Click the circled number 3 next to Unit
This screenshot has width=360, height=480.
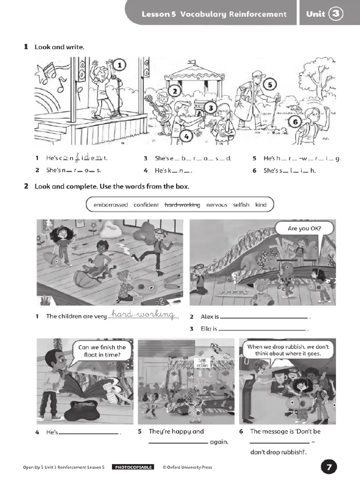(336, 14)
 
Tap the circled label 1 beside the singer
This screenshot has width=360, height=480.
(120, 66)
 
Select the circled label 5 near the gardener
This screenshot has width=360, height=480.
(270, 85)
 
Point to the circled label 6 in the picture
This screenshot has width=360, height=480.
(295, 122)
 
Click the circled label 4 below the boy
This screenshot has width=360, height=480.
(186, 136)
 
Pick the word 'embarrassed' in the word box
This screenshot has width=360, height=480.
(111, 205)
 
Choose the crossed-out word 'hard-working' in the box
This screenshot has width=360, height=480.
(182, 205)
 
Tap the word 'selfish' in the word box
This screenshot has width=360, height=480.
(241, 205)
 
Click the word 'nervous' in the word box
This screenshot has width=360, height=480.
(217, 205)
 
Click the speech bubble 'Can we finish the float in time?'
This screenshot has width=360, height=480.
(102, 351)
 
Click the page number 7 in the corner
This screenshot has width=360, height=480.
(329, 467)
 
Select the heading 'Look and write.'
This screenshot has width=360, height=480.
(60, 47)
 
